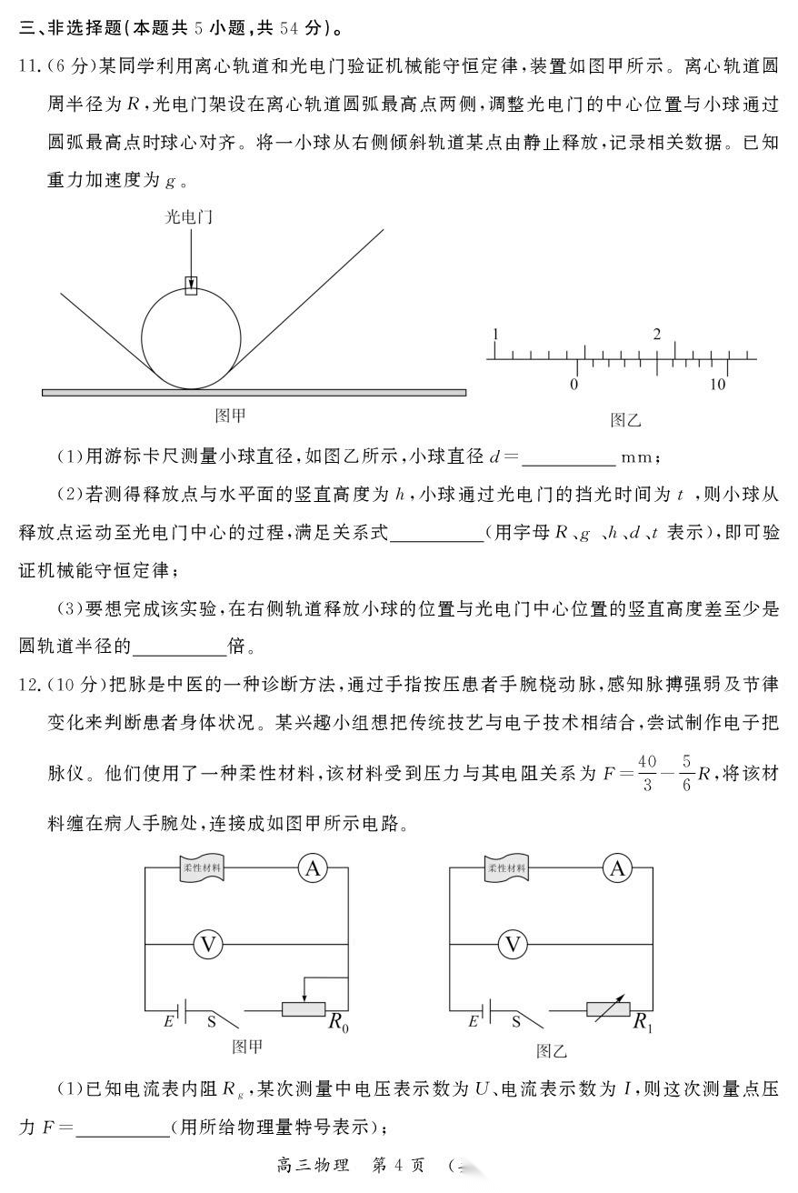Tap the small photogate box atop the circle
pyautogui.click(x=191, y=286)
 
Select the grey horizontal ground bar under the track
pyautogui.click(x=254, y=393)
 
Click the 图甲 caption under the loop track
pyautogui.click(x=230, y=416)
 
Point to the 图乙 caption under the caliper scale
pyautogui.click(x=625, y=419)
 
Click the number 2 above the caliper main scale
pyautogui.click(x=657, y=334)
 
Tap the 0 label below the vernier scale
pyautogui.click(x=574, y=385)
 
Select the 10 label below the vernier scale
pyautogui.click(x=718, y=385)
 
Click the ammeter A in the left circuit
pyautogui.click(x=313, y=869)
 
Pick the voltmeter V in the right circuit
pyautogui.click(x=514, y=945)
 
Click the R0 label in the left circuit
pyautogui.click(x=338, y=1024)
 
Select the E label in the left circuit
pyautogui.click(x=168, y=1021)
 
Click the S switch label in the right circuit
pyautogui.click(x=516, y=1021)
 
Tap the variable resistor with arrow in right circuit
pyautogui.click(x=606, y=1008)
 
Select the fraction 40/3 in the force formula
pyautogui.click(x=647, y=772)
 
